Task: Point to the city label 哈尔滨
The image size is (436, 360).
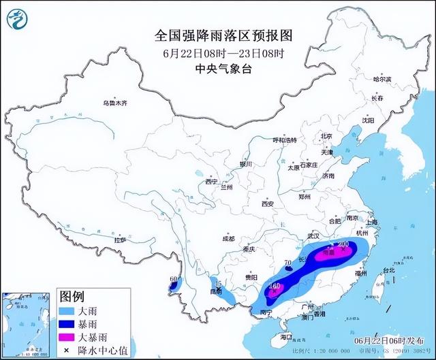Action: click(x=382, y=79)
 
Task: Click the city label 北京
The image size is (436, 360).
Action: click(x=326, y=136)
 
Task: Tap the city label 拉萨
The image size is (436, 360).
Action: click(x=120, y=240)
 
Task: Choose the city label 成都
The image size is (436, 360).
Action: click(x=228, y=239)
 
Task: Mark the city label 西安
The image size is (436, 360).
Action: click(x=266, y=203)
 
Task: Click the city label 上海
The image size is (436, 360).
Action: click(x=371, y=222)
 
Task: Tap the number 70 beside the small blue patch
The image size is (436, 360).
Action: click(x=287, y=262)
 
